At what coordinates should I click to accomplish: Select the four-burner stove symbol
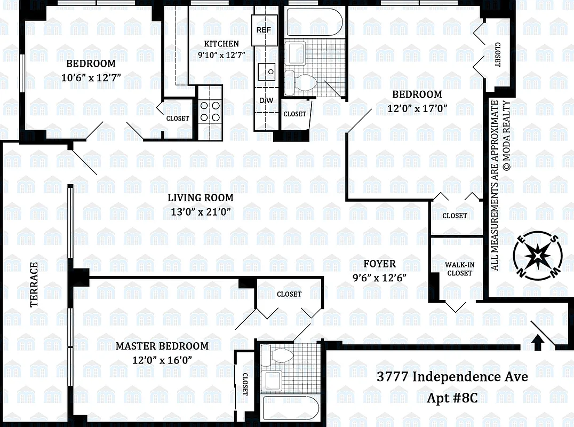click(210, 111)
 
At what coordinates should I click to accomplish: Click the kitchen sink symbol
click(267, 70)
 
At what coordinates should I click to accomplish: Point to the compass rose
click(537, 256)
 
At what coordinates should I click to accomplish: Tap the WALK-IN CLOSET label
click(459, 268)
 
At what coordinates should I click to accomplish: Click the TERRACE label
click(34, 284)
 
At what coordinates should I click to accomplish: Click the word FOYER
click(379, 264)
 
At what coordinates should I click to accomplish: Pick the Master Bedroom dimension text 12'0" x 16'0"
click(162, 360)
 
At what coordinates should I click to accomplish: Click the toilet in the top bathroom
click(302, 83)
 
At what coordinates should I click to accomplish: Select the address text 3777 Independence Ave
click(452, 377)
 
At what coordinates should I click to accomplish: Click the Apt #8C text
click(452, 398)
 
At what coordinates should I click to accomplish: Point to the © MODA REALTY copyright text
click(507, 136)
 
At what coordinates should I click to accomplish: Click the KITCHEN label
click(222, 44)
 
